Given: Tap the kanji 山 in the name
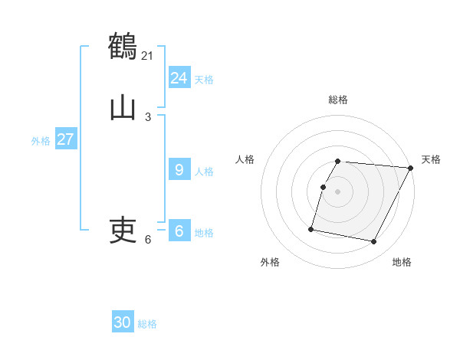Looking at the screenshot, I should [x=123, y=107].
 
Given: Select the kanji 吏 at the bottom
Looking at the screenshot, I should [x=123, y=230].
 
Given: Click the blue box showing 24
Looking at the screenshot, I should [x=179, y=77].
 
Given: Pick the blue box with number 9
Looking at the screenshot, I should [x=179, y=169].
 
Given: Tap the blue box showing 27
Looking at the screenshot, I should [x=65, y=139].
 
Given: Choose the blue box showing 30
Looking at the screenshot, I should [x=123, y=322].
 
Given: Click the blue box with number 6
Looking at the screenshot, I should [x=179, y=231].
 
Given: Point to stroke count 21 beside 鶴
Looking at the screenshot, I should [x=148, y=55].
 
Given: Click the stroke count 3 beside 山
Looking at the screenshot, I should [x=148, y=116].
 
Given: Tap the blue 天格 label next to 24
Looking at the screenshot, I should [x=204, y=80].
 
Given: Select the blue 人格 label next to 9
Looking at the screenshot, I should [x=204, y=172].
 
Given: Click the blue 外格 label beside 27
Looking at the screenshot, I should [x=41, y=141].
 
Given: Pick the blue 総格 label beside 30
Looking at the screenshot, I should [x=147, y=325].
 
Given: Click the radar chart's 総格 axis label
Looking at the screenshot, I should [x=338, y=100].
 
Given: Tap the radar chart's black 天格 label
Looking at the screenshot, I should [x=431, y=159].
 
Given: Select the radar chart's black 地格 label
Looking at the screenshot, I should [x=402, y=262].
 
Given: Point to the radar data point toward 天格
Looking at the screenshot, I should [x=411, y=168].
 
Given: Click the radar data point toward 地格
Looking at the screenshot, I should [x=374, y=242].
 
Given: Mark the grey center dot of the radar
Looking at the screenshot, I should [x=338, y=191].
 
